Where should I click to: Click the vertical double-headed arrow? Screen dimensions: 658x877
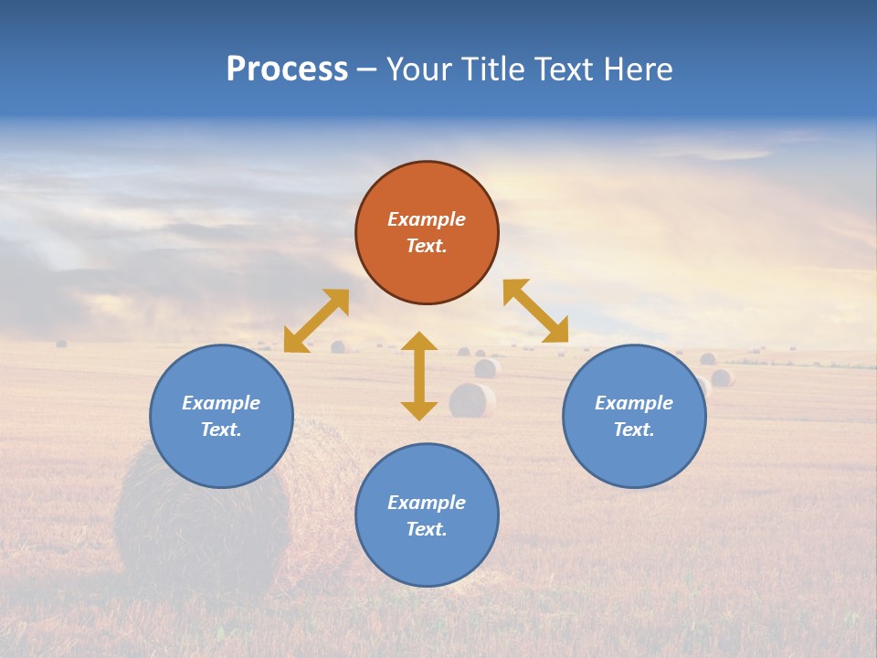[419, 376]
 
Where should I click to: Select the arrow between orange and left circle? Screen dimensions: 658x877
[316, 321]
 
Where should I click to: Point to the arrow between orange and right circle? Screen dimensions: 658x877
[536, 311]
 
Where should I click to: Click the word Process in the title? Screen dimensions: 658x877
[287, 69]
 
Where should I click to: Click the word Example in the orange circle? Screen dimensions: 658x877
[427, 219]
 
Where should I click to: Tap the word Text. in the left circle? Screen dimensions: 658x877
[221, 430]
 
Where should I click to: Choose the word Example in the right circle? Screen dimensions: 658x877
[634, 403]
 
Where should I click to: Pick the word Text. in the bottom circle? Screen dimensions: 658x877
[427, 529]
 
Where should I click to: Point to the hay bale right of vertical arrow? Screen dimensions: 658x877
[472, 400]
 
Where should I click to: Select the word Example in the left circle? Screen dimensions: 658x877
[221, 403]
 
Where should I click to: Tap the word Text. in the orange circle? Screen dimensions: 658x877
[427, 246]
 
